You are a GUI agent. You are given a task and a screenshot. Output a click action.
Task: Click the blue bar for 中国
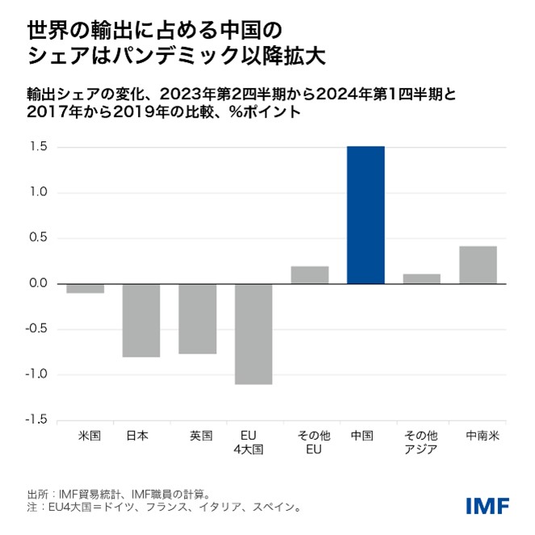366,215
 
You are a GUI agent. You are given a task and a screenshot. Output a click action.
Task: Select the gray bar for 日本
141,320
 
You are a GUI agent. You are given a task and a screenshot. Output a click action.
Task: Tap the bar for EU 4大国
253,333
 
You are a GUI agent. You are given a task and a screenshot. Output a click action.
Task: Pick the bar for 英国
198,318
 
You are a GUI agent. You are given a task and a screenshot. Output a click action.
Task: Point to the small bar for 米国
85,288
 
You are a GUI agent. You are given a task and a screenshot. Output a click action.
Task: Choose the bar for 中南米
478,265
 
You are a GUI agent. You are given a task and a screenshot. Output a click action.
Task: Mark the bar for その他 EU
310,274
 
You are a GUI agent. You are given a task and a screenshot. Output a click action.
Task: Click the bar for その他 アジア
421,278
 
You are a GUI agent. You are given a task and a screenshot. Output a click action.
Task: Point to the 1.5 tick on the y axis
40,148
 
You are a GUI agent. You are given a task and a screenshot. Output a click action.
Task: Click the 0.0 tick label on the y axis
40,284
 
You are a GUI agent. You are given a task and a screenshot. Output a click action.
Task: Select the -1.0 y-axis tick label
38,374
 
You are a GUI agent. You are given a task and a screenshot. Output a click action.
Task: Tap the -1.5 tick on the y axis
38,420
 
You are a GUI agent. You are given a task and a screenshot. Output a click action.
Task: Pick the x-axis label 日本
137,436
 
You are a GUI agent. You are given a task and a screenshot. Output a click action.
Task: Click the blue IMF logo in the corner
487,505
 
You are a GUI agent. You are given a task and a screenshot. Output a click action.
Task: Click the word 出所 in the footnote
37,493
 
